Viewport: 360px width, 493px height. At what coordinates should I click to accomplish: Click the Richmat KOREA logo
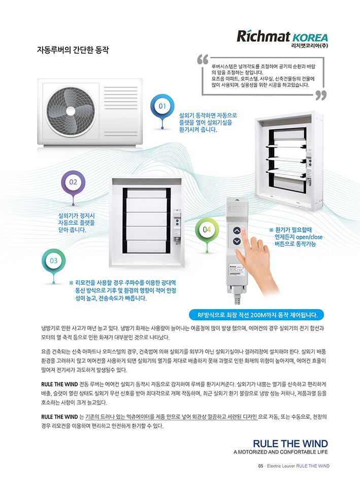[282, 36]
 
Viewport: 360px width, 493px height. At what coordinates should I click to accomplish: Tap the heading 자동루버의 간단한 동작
[73, 50]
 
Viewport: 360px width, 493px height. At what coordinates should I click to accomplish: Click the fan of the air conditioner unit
[71, 111]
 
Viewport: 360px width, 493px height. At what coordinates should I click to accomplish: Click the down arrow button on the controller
[237, 242]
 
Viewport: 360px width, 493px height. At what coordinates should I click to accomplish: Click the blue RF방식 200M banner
[256, 315]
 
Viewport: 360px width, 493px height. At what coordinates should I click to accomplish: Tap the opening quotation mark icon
[203, 59]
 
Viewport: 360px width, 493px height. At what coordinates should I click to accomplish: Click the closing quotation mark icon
[321, 95]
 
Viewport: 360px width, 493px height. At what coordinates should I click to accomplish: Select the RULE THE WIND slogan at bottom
[290, 444]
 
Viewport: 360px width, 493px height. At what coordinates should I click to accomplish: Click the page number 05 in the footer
[260, 466]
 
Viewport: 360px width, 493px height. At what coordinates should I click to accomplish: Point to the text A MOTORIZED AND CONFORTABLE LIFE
[280, 452]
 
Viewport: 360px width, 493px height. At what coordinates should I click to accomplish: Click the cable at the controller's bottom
[237, 298]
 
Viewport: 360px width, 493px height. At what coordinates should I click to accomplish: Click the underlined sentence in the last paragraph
[171, 417]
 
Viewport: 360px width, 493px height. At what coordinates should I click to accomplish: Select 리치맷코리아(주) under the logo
[310, 46]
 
